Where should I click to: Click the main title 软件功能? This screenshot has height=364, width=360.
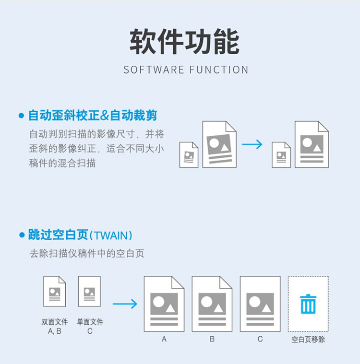pos(184,42)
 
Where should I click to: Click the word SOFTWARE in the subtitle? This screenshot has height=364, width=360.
pos(154,70)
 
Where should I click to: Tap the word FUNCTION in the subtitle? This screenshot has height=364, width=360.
pos(219,70)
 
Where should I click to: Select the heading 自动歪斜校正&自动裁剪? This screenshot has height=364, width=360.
pos(93,116)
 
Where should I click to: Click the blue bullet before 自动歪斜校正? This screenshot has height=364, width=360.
pos(22,116)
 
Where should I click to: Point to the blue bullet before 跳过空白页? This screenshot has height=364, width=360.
pos(22,235)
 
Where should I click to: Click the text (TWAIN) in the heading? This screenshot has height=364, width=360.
pos(111,235)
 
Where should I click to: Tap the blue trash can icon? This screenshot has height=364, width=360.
pos(308,304)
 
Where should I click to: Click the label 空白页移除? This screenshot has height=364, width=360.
pos(308,340)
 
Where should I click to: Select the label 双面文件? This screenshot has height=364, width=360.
pos(55,322)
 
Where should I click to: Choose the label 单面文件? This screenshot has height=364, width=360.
pos(90,322)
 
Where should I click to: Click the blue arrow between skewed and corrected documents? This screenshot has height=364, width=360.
pos(252,144)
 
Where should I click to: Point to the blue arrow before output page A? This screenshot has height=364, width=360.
pos(125,304)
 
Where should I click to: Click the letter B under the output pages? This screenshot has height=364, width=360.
pos(212,339)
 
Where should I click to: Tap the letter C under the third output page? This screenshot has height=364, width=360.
pos(260,339)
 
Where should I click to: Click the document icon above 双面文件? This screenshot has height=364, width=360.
pos(55,291)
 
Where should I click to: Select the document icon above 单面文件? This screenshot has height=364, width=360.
pos(89,291)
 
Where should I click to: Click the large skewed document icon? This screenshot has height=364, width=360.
pos(219,144)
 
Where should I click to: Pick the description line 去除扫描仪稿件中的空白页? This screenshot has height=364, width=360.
pos(87,254)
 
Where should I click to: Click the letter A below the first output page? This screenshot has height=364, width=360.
pos(164,339)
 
